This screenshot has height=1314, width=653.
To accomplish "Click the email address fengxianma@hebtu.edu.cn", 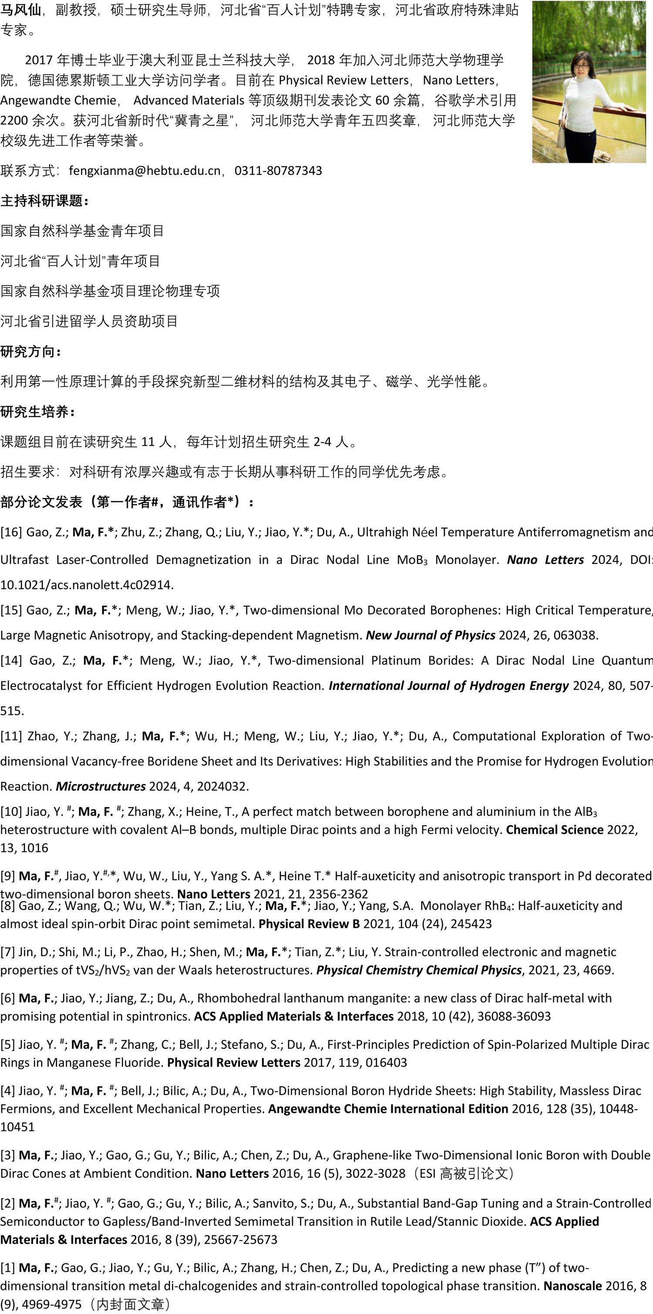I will pos(145,170).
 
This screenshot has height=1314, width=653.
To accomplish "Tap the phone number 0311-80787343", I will pos(278,170).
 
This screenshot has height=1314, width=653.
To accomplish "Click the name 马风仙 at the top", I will pos(20,10).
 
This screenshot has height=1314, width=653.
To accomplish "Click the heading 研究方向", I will pos(30,351).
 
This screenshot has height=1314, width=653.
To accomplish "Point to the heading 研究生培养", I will pos(38,411).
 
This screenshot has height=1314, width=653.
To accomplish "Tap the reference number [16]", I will pos(11,532).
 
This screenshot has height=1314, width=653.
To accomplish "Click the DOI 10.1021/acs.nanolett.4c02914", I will pos(87,585).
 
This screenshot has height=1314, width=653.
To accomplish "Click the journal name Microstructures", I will pos(101,786).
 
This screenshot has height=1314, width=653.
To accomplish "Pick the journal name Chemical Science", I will pos(555,829).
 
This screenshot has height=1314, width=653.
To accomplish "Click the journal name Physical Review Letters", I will pos(234,1062).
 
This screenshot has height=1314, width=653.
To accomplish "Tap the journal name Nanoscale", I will pos(572,1286).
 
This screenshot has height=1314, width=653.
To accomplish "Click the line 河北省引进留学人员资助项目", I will pos(89,321).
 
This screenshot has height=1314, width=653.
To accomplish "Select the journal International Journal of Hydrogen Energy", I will pos(448,686).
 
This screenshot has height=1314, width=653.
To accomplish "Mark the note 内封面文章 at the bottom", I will pos(130,1304).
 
